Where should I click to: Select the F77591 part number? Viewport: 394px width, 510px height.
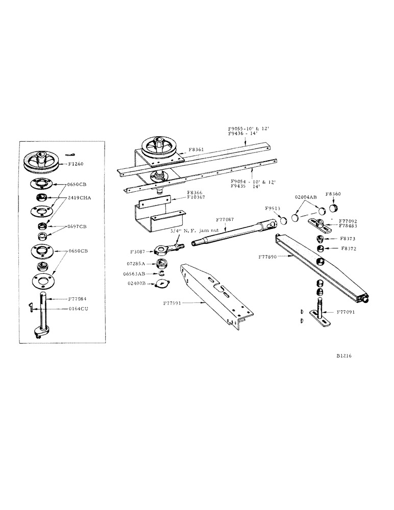coord(174,303)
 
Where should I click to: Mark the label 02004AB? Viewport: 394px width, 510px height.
coord(305,196)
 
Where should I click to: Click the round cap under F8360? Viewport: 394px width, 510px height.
coord(335,208)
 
